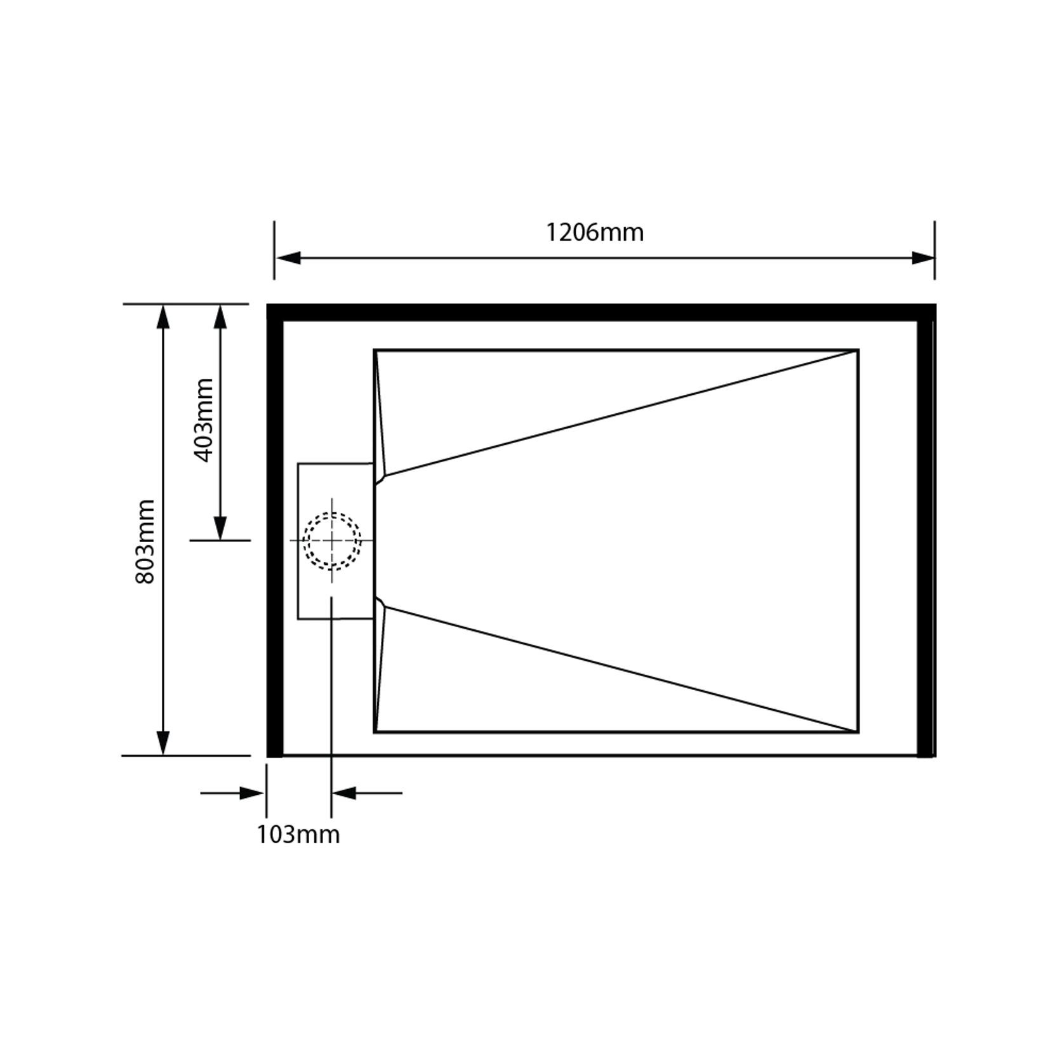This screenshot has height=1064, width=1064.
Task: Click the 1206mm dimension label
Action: pos(595,232)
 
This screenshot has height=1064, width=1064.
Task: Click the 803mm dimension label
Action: pos(145,542)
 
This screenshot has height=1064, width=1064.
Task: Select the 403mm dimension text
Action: pos(203,420)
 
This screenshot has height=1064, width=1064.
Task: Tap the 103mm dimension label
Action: pos(298,834)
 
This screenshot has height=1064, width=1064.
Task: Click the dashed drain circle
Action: pos(332,540)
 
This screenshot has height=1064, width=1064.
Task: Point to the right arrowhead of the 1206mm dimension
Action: pos(922,258)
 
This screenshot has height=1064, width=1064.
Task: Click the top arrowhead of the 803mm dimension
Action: pos(163,317)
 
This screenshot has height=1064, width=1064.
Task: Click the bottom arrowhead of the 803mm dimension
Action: pos(163,743)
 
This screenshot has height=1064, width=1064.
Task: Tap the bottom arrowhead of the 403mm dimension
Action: pos(220,528)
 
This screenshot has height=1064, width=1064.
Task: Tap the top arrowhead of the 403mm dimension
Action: pos(220,317)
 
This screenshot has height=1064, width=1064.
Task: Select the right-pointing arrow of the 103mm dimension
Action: pos(251,793)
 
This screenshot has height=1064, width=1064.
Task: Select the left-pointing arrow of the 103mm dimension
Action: pos(344,793)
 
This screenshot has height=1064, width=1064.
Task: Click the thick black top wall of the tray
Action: pos(601,312)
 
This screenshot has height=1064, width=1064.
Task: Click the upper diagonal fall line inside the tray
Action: pos(622,413)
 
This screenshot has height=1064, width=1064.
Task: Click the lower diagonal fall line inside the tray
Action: pos(622,669)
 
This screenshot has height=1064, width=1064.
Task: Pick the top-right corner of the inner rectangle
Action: pos(858,350)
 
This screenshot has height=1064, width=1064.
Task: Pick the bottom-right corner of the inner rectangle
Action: pos(858,732)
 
